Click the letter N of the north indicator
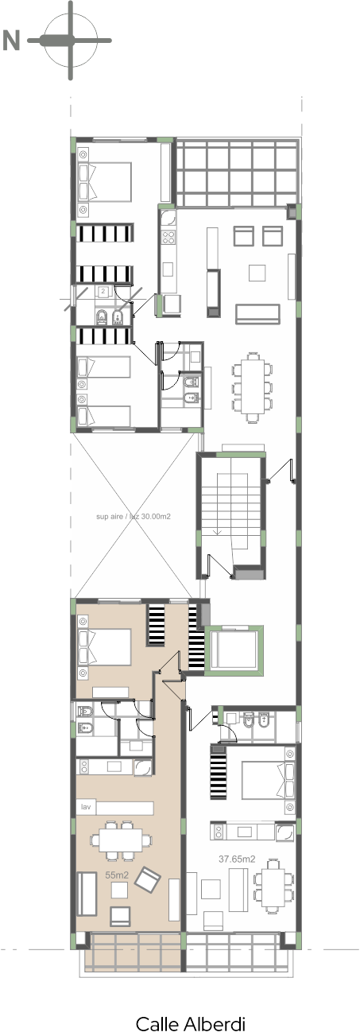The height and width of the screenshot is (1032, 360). click(x=11, y=41)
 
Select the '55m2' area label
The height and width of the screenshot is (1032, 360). click(x=117, y=875)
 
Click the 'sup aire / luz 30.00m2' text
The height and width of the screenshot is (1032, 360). click(x=133, y=517)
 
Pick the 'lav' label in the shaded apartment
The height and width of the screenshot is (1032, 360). click(x=86, y=807)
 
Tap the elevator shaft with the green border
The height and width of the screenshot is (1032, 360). click(x=234, y=650)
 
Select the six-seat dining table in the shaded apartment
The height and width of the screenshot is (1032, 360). click(x=121, y=840)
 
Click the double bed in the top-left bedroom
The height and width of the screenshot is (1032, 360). click(x=105, y=180)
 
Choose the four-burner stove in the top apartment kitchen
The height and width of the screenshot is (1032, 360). click(x=168, y=237)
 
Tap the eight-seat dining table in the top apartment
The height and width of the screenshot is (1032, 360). click(x=252, y=386)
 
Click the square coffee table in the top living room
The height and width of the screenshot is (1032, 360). click(x=257, y=272)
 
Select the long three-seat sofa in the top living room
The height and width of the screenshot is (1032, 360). click(x=257, y=314)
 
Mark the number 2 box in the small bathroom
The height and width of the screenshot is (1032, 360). click(x=103, y=291)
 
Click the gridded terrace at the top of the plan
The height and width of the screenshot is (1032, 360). click(x=236, y=173)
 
